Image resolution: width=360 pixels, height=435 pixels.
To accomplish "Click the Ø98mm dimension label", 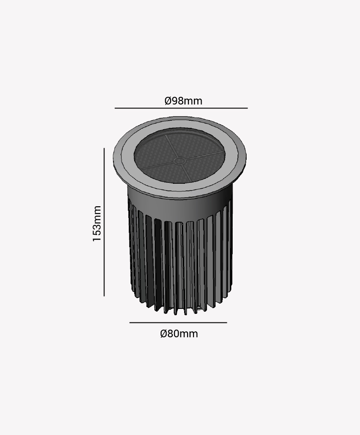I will point(183,101).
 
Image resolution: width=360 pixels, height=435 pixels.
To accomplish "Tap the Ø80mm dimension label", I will point(179,334).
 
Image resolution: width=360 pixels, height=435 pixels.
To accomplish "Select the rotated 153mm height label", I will point(97,224).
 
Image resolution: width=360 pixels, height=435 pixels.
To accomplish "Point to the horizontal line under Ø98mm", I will point(181,108).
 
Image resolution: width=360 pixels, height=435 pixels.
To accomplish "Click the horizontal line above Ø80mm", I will point(178,322).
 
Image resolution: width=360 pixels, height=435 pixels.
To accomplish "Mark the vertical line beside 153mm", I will point(104,222).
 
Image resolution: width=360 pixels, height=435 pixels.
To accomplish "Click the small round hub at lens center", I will point(180,160).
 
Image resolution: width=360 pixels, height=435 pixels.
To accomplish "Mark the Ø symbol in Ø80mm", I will point(164,334).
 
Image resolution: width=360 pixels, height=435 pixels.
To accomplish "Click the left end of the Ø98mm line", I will point(116,108).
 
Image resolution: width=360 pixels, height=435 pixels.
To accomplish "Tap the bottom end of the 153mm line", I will point(104,295).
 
